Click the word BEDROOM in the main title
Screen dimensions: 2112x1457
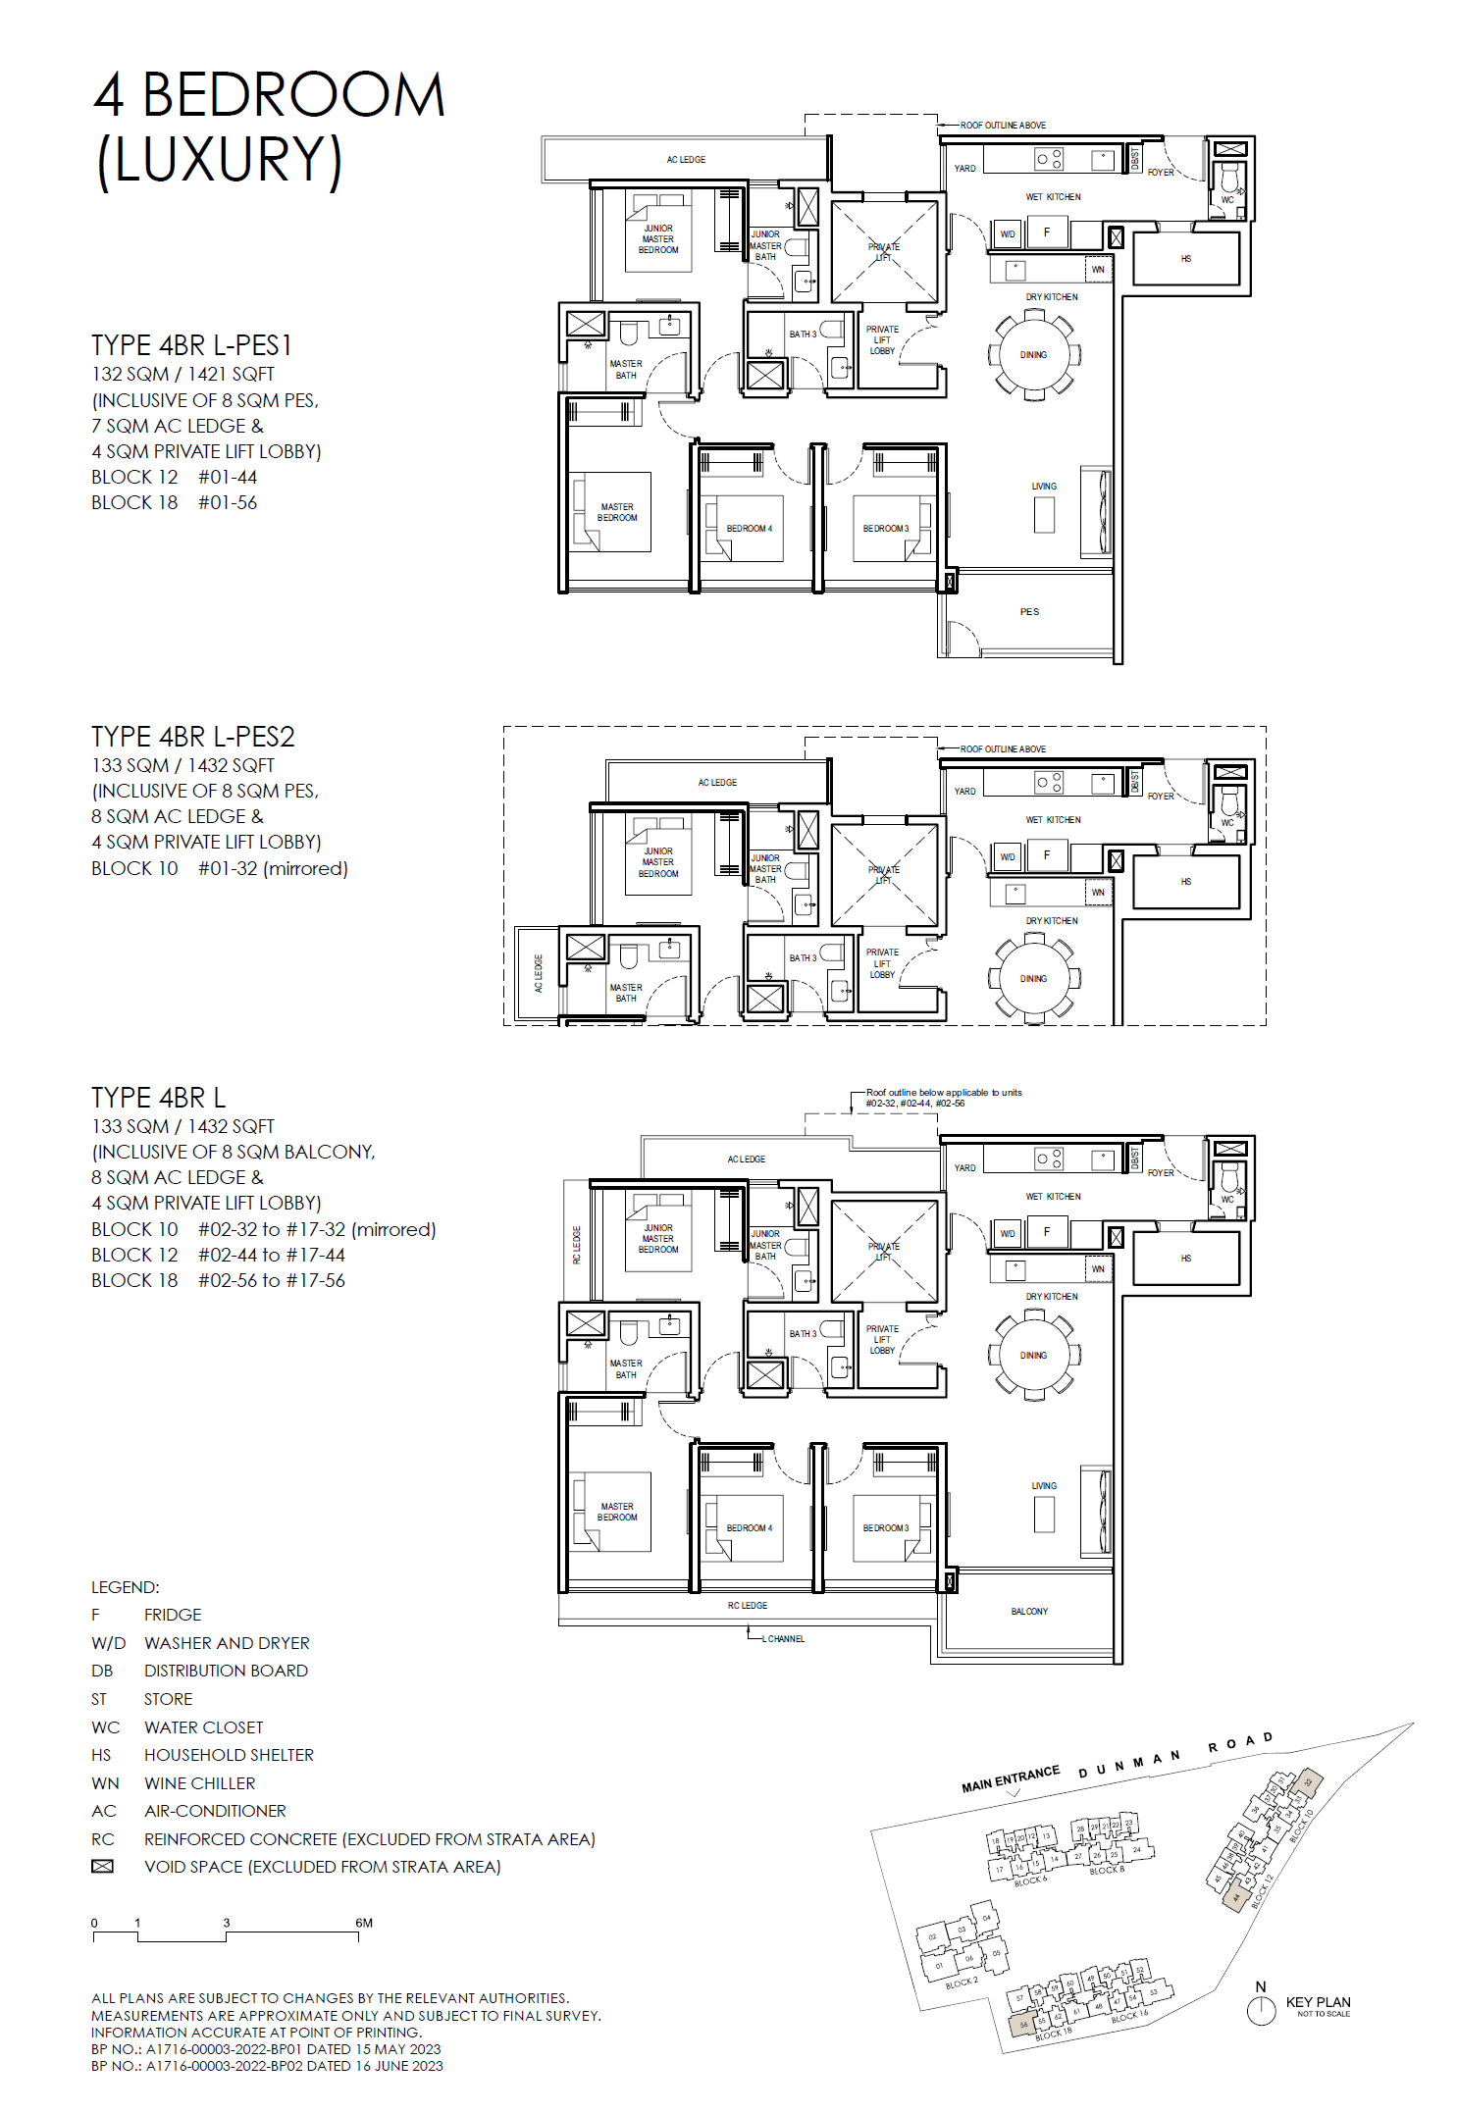(x=293, y=96)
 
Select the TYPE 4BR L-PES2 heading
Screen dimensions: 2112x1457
(x=192, y=737)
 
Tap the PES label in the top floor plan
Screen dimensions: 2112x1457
(x=1028, y=612)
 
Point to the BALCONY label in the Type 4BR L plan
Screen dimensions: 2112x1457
(x=1029, y=1612)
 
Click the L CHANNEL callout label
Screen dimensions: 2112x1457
(x=785, y=1639)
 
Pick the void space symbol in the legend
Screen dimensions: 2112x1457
(x=102, y=1867)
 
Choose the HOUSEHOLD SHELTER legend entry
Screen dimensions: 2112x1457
(x=229, y=1755)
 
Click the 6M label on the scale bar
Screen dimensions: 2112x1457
(x=364, y=1923)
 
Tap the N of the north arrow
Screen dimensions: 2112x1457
(x=1261, y=1986)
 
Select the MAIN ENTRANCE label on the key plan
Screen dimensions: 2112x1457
(x=1010, y=1778)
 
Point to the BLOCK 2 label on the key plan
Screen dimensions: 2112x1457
(x=962, y=1983)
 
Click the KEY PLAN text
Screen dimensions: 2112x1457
(x=1318, y=2002)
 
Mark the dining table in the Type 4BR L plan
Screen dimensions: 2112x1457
(x=1033, y=1356)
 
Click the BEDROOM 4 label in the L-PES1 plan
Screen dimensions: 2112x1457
(x=749, y=529)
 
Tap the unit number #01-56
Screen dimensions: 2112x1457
(x=228, y=502)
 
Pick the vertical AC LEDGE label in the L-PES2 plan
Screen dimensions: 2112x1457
(x=538, y=973)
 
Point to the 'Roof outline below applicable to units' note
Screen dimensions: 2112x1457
(x=943, y=1093)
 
